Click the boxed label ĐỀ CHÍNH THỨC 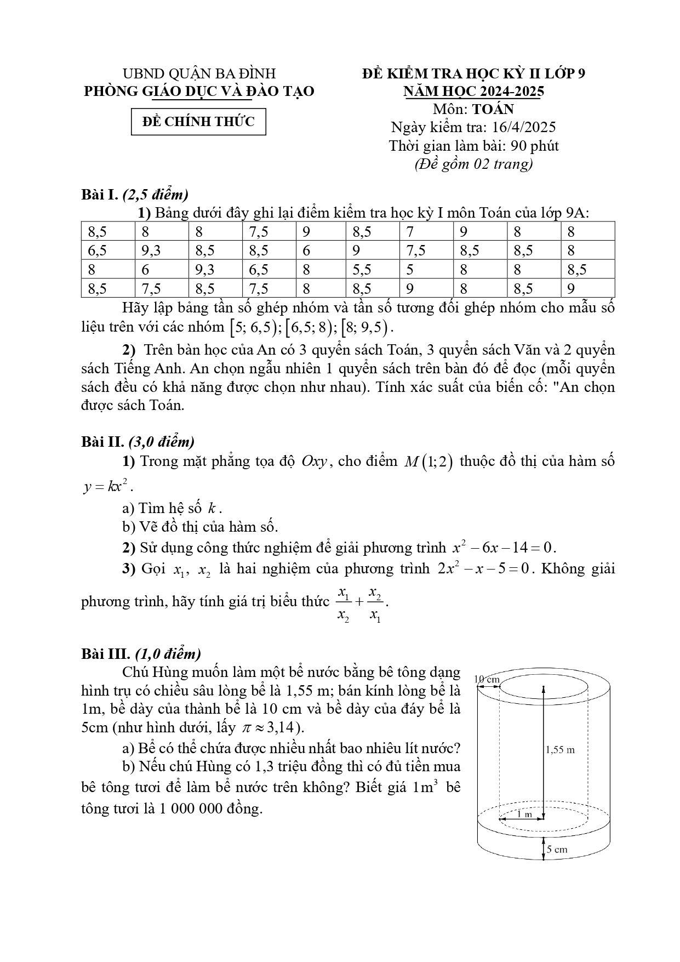click(198, 122)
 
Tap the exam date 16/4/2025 click(524, 127)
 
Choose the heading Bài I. click(100, 194)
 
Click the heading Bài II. click(102, 441)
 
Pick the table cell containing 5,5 click(362, 269)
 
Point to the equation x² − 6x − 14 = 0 click(504, 547)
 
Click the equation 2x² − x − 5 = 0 click(484, 568)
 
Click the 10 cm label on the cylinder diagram click(487, 679)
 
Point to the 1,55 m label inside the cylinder click(559, 749)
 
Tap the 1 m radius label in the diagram click(524, 813)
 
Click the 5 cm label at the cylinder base click(556, 850)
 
